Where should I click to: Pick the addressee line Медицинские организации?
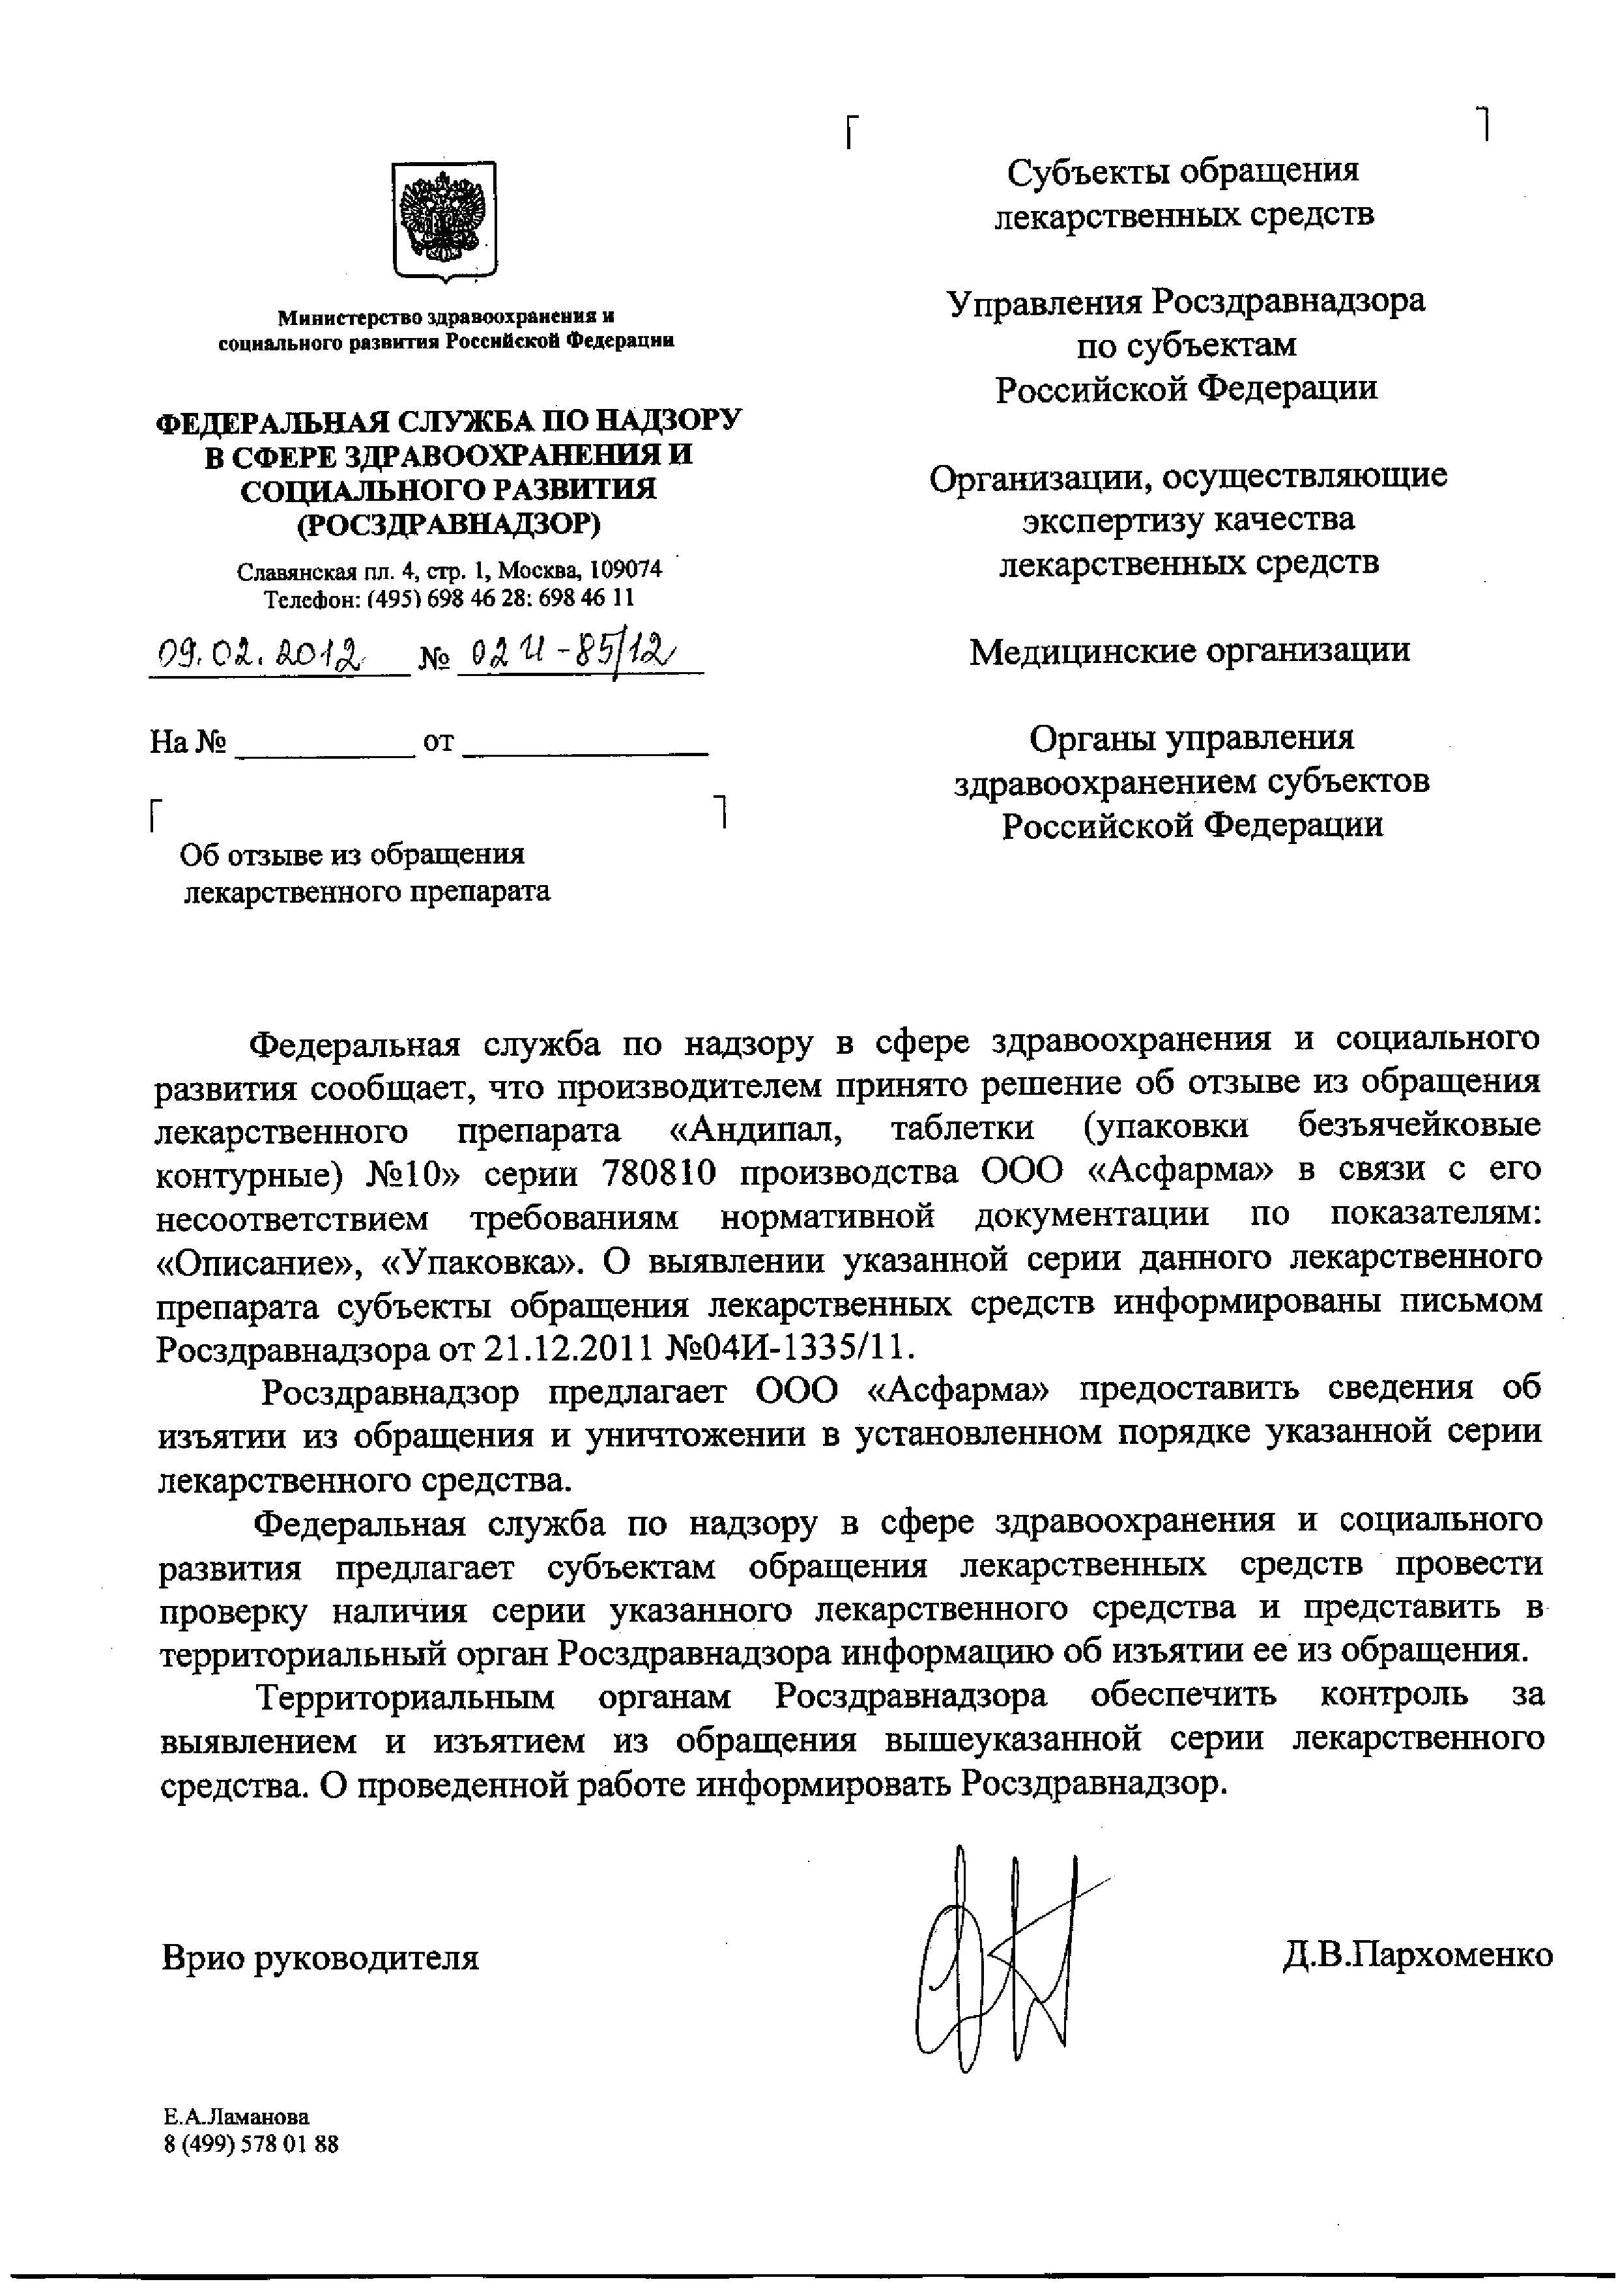pyautogui.click(x=1189, y=651)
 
